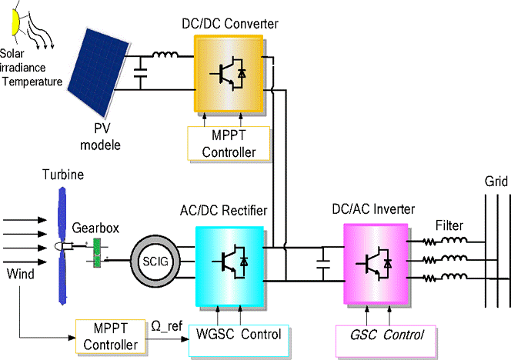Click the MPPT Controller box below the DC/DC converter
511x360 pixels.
click(x=229, y=143)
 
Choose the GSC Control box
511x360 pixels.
click(x=386, y=336)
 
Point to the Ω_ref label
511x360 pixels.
click(x=166, y=325)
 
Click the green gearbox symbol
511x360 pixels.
click(x=97, y=255)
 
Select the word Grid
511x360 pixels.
click(x=496, y=184)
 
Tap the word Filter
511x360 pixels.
click(x=449, y=227)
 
